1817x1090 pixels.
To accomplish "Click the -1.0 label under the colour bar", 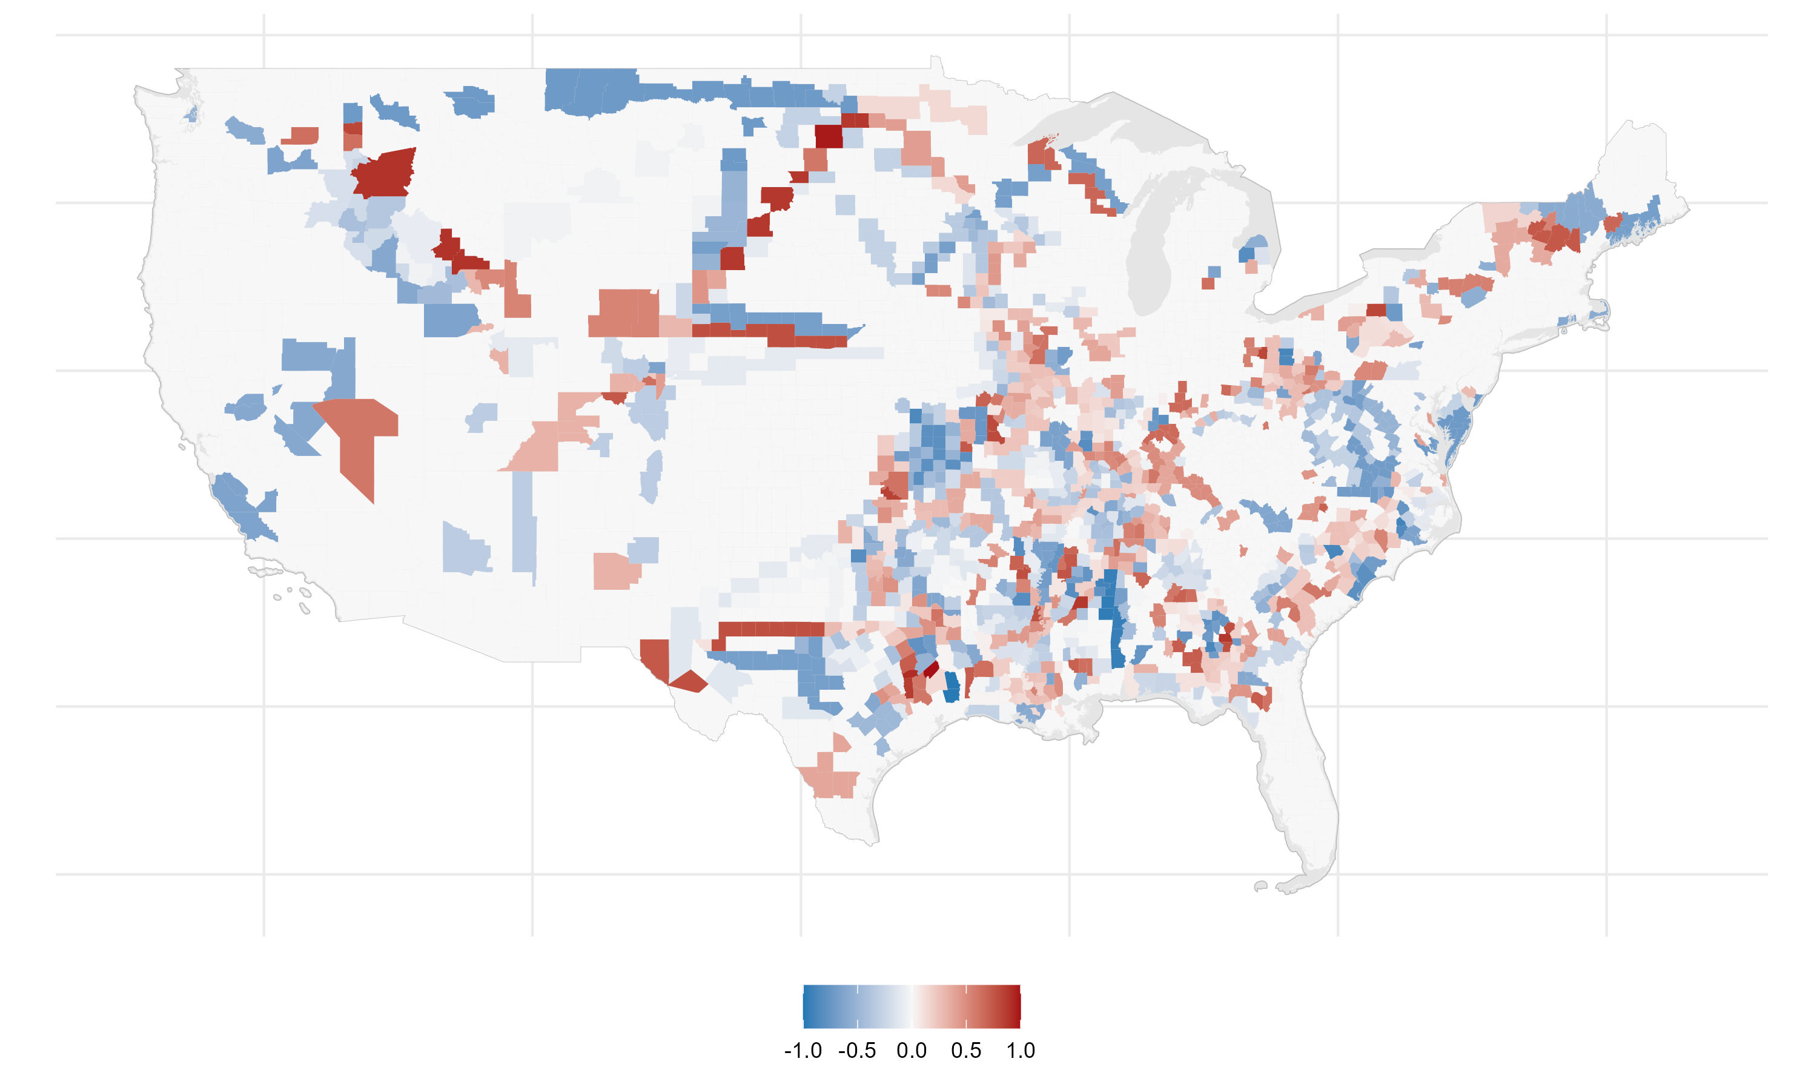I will (x=803, y=1051).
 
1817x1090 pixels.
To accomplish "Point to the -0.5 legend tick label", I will (x=856, y=1051).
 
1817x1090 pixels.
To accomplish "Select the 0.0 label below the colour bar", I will (x=912, y=1051).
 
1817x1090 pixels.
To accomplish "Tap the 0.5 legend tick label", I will (x=966, y=1051).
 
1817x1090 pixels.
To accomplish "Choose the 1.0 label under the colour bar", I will (x=1020, y=1051).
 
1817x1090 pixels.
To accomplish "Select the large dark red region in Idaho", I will (x=383, y=173).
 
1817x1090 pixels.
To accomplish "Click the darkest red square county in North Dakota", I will (x=829, y=136).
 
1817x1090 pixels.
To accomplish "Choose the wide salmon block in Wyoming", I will (x=624, y=312).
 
